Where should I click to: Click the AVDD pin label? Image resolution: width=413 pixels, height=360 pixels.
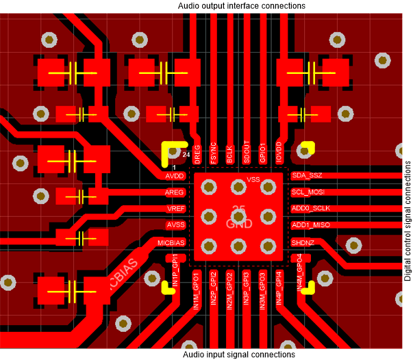pos(175,176)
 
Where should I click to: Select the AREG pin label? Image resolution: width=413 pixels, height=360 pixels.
pos(175,192)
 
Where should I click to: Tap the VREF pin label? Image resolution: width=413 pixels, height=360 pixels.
pos(175,209)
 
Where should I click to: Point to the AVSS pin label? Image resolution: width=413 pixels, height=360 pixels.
pos(175,225)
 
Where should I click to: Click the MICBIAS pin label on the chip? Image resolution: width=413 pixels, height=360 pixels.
pos(171,242)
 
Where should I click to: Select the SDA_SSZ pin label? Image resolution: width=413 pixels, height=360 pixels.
pos(307,176)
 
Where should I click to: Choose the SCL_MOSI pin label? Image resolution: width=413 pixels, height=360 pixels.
pos(308,192)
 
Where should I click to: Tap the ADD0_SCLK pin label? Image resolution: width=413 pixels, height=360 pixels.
pos(311,209)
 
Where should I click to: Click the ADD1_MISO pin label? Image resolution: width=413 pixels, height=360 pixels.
pos(311,225)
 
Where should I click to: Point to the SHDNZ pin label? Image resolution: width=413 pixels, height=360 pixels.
pos(303,242)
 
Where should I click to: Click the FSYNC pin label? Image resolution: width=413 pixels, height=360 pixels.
pos(213,153)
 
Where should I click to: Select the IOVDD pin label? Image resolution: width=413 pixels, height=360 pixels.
pos(279,152)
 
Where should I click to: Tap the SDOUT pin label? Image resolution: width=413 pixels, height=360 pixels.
pos(246,152)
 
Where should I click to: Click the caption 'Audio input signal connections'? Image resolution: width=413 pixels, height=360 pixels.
pos(240,355)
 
